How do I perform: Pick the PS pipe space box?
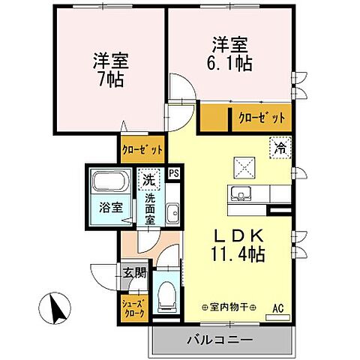tap(174, 172)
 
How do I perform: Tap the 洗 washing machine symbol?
tap(148, 181)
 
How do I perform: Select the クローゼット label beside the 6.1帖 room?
tap(262, 118)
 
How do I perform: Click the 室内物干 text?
tap(229, 307)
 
